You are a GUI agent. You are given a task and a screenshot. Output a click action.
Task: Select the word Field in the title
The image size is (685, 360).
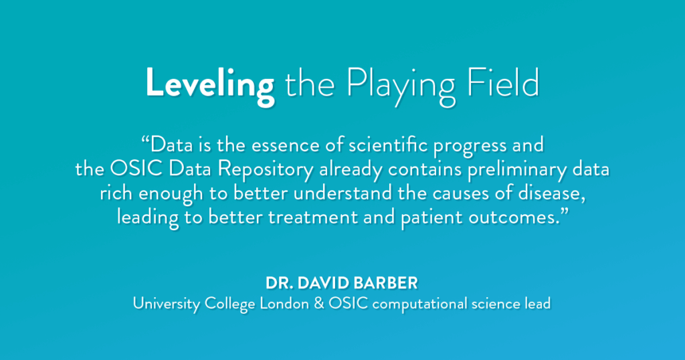(x=503, y=82)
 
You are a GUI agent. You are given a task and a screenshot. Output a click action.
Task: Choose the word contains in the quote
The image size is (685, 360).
(x=425, y=169)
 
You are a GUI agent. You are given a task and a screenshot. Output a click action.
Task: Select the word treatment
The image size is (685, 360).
(x=313, y=217)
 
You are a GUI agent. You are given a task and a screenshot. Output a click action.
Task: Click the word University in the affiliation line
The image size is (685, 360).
(x=167, y=304)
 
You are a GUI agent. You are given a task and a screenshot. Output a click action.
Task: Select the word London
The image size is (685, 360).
(x=284, y=304)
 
